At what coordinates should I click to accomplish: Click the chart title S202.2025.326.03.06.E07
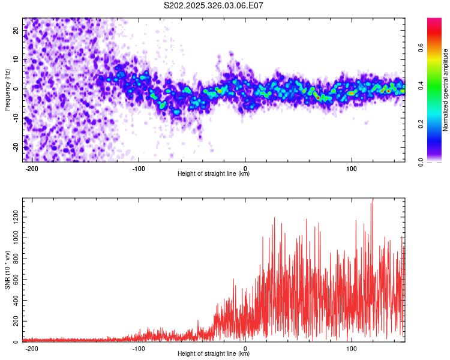click(x=214, y=6)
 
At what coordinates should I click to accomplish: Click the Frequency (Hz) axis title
click(x=7, y=90)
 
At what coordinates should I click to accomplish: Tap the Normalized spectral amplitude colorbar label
click(x=446, y=90)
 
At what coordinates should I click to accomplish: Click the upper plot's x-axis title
click(x=214, y=174)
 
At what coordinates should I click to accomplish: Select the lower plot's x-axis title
click(x=214, y=354)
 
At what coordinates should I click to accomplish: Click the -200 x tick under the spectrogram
click(x=32, y=169)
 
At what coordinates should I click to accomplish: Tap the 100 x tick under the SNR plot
click(x=351, y=349)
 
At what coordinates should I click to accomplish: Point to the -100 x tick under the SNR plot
click(x=139, y=349)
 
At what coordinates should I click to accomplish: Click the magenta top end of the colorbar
click(x=434, y=20)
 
